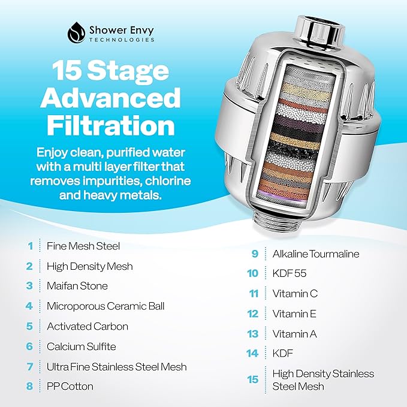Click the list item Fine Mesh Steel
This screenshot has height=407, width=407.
click(x=83, y=246)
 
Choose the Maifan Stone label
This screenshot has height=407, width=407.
click(x=77, y=286)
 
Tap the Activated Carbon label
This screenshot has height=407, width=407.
click(x=88, y=327)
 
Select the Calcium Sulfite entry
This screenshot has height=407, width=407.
click(x=82, y=346)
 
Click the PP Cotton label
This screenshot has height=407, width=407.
click(x=70, y=387)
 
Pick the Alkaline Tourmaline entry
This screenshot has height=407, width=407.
click(x=316, y=254)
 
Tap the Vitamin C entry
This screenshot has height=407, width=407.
click(x=295, y=294)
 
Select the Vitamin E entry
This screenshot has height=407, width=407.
click(x=294, y=313)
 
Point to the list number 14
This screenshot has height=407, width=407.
click(x=253, y=354)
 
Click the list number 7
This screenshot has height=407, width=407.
click(x=29, y=367)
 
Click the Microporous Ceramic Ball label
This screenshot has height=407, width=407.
click(x=105, y=306)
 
